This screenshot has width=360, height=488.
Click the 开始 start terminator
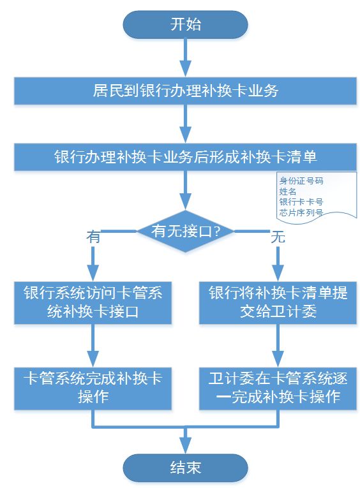185,25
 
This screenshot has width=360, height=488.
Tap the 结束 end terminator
185,468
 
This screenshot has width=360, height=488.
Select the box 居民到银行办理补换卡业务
185,91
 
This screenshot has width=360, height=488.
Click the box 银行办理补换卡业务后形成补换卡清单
185,157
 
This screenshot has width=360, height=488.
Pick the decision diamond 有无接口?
185,231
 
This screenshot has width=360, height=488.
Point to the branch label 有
93,237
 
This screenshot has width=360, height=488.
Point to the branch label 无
278,237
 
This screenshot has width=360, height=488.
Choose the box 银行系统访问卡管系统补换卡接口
93,303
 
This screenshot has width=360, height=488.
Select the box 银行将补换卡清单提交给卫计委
278,303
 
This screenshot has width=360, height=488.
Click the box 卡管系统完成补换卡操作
93,388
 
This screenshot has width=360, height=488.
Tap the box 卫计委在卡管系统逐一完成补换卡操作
278,388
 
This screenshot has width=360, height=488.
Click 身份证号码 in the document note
301,181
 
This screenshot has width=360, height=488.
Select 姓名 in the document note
288,191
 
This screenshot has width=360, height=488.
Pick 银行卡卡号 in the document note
301,202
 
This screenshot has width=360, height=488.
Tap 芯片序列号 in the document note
301,212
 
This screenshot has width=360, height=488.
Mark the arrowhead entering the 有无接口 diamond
186,202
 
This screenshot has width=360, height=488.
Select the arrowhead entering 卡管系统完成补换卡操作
93,359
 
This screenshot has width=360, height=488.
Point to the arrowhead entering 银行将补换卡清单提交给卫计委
278,274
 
